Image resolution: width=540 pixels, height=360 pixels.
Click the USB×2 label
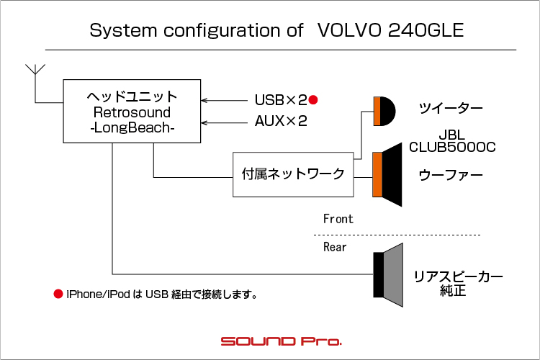[x=281, y=100]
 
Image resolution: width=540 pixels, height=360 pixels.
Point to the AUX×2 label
[x=281, y=121]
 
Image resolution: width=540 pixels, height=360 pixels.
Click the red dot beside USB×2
[x=313, y=100]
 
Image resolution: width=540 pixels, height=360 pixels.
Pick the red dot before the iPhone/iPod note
[x=58, y=294]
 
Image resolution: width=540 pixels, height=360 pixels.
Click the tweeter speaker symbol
[x=384, y=112]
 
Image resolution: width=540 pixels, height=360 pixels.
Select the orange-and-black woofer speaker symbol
[x=387, y=175]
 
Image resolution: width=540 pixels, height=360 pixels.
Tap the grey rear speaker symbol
[x=389, y=274]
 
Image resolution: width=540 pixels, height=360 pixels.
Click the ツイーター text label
[x=451, y=108]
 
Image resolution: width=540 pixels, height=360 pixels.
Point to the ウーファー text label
[x=451, y=175]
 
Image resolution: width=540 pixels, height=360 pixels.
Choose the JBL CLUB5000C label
[x=452, y=141]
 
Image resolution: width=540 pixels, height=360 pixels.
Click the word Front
[x=338, y=219]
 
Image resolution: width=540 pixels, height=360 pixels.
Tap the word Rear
[x=335, y=247]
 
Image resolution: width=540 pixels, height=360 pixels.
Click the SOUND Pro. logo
[x=281, y=341]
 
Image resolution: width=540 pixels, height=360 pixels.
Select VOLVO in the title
[x=349, y=30]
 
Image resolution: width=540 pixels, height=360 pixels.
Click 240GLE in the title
[x=426, y=30]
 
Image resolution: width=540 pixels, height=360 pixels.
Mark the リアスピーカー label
[x=458, y=276]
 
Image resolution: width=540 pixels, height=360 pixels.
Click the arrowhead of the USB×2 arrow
[x=203, y=100]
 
